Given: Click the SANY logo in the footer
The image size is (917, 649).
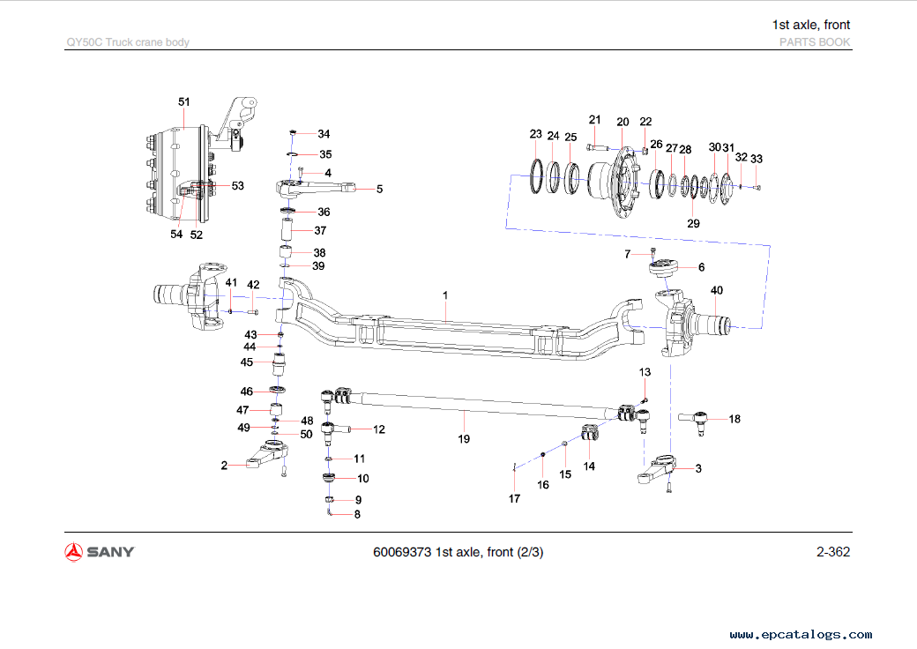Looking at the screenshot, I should point(100,552).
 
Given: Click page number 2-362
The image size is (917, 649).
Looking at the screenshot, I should point(832,552).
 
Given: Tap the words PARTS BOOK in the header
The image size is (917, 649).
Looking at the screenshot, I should point(815,42).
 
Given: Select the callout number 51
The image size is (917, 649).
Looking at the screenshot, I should point(184,102).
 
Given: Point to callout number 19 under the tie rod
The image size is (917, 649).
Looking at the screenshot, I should point(464,438).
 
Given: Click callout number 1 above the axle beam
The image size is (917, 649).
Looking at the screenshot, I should point(446,294).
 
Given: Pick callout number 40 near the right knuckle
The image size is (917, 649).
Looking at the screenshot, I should point(717,290).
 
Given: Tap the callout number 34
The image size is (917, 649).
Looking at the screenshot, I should point(324,134).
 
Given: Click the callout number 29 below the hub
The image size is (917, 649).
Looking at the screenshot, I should point(693,224).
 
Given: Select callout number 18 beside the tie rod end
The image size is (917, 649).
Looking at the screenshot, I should point(734,419).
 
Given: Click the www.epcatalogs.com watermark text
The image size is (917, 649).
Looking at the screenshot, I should point(801,634).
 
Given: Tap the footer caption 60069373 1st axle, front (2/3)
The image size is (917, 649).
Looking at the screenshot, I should point(458,553).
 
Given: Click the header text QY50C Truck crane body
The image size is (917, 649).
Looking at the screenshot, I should point(128,42).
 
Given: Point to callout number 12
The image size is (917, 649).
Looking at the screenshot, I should point(378,429).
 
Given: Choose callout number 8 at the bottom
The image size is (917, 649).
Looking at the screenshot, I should point(357,514).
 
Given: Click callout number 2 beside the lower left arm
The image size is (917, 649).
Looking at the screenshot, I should point(225,465).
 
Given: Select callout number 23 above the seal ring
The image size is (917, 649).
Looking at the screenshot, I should point(535,134).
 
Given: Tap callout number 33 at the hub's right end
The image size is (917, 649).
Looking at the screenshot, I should point(757,159).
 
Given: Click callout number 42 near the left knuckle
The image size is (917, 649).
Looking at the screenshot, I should point(253,285).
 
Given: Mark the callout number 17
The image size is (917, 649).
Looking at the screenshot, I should point(514,498).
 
